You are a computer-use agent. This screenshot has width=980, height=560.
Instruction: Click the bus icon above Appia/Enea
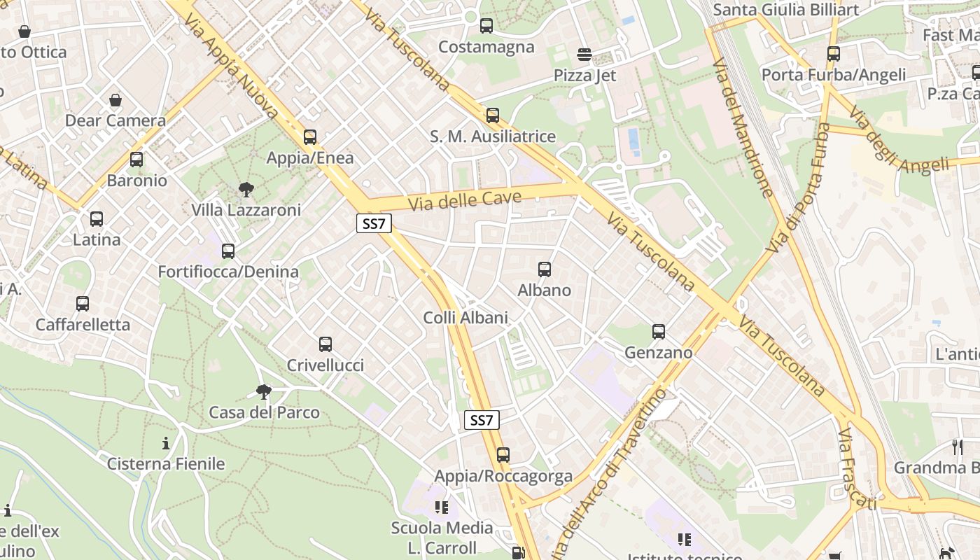pyautogui.click(x=310, y=137)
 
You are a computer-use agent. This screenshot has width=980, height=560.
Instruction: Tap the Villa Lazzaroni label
pyautogui.click(x=246, y=210)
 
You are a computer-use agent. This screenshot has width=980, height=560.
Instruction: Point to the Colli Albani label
pyautogui.click(x=465, y=318)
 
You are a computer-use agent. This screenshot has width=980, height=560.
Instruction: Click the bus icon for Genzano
pyautogui.click(x=659, y=332)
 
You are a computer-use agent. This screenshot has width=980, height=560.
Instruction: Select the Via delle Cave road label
pyautogui.click(x=465, y=201)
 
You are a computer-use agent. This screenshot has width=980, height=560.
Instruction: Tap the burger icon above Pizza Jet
pyautogui.click(x=584, y=55)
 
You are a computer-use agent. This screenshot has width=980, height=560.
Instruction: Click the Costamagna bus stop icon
pyautogui.click(x=486, y=27)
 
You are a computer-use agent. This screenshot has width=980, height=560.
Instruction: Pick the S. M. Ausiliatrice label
pyautogui.click(x=493, y=136)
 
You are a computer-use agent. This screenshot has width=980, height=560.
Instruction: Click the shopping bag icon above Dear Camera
pyautogui.click(x=115, y=100)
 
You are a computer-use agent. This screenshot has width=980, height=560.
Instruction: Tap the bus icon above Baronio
pyautogui.click(x=136, y=160)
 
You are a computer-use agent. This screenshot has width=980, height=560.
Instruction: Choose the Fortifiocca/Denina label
pyautogui.click(x=228, y=272)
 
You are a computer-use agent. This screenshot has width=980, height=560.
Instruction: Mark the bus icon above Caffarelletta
pyautogui.click(x=83, y=304)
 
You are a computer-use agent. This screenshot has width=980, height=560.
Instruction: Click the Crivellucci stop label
pyautogui.click(x=325, y=365)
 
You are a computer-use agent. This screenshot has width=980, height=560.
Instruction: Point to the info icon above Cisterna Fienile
pyautogui.click(x=166, y=443)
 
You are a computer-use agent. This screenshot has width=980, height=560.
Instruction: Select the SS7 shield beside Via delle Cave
pyautogui.click(x=374, y=224)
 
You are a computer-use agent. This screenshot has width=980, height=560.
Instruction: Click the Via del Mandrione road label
pyautogui.click(x=743, y=127)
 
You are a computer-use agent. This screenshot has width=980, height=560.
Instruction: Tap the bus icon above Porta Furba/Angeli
pyautogui.click(x=833, y=54)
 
